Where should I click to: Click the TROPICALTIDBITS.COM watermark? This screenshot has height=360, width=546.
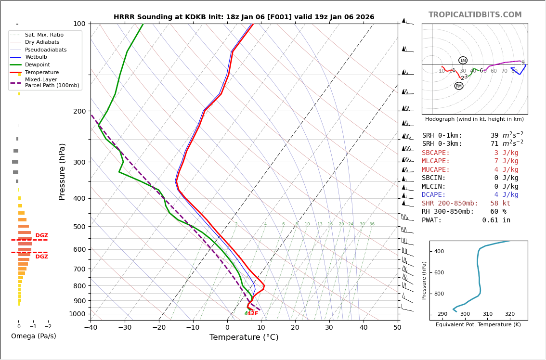475,15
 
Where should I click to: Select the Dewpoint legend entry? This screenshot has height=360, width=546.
37,64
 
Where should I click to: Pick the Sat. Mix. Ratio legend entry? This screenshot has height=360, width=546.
44,35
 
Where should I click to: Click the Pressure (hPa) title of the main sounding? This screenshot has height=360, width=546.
63,171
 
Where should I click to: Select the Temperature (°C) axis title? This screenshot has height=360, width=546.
244,337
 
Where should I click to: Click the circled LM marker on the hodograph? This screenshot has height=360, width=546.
463,60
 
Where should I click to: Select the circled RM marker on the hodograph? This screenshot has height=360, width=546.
459,86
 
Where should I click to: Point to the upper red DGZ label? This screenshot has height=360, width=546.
41,236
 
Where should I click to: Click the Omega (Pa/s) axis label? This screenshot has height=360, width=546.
33,336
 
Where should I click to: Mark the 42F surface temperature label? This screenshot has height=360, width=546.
253,314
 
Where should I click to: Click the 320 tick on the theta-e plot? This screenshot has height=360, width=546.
510,314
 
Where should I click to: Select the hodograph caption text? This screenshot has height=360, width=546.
474,119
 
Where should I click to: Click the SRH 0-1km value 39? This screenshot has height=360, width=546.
494,136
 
